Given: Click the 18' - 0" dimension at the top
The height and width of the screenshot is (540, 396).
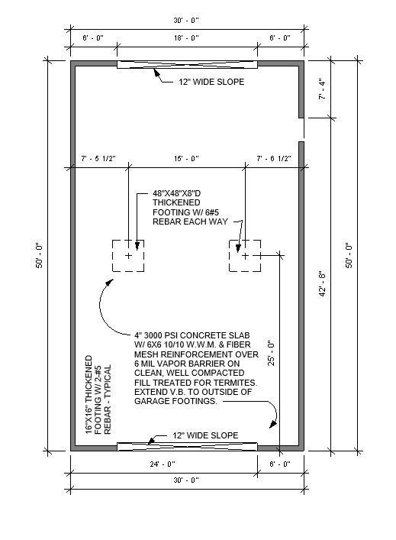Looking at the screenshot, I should coord(187,37).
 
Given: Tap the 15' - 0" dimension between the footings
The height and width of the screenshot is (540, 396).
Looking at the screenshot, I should coord(187,159).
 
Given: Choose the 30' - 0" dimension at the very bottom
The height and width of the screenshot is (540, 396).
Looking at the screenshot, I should coord(187,480).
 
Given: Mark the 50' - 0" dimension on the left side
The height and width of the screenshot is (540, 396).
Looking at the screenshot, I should coord(39,260).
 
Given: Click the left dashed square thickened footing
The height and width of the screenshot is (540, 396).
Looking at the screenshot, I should coord(128,255).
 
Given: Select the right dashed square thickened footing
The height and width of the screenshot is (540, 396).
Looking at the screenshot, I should coord(245,255).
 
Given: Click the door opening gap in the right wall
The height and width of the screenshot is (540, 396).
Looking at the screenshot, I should coord(301,129).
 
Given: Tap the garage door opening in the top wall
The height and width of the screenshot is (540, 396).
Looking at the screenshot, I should coord(187,64).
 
